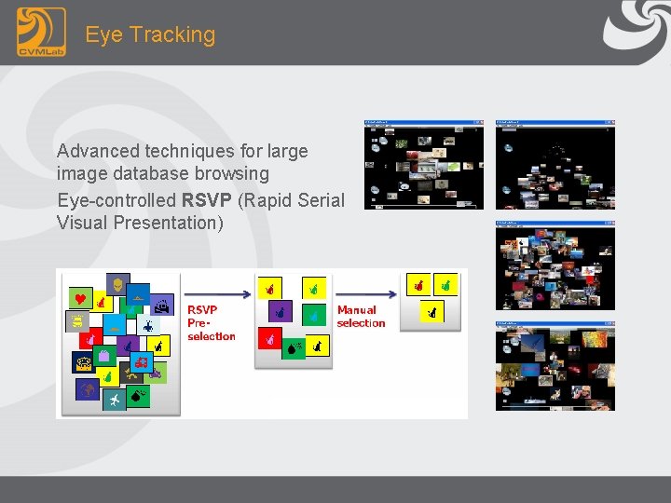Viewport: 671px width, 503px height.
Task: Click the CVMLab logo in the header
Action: click(x=41, y=33)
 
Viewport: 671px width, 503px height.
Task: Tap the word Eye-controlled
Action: click(x=116, y=200)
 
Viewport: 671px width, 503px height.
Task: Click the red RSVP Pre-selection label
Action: click(x=211, y=322)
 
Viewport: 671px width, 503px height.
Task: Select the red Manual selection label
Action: click(x=361, y=317)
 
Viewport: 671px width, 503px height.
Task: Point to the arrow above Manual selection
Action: click(x=366, y=293)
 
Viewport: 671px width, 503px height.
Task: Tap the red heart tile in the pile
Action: click(x=80, y=299)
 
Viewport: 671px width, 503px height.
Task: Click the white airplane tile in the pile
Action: click(x=114, y=400)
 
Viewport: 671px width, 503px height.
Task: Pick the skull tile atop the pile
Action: click(x=118, y=284)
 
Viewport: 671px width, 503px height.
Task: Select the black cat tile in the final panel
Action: click(x=431, y=314)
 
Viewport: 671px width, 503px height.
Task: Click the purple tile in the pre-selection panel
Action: click(x=279, y=311)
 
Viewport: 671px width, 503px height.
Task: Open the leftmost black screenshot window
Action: click(x=424, y=164)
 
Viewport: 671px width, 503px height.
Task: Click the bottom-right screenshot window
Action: click(x=555, y=366)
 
